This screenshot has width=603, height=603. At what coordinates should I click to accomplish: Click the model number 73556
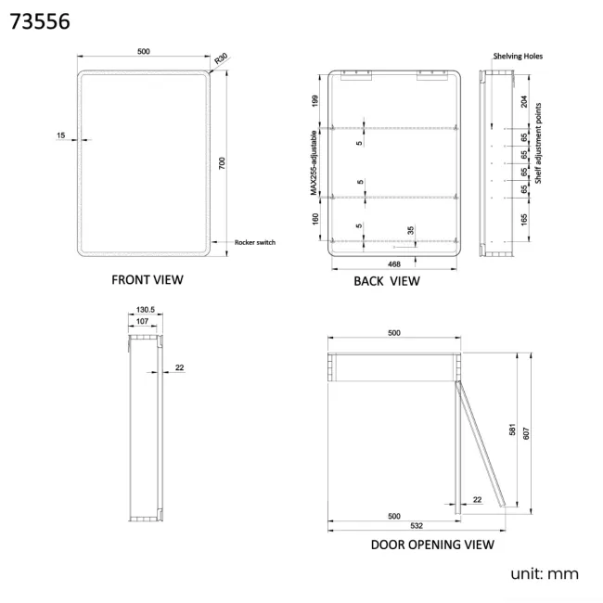click(x=40, y=21)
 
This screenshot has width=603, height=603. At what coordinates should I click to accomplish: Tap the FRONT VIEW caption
click(x=148, y=279)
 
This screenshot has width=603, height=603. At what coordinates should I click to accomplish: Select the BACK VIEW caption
click(x=387, y=281)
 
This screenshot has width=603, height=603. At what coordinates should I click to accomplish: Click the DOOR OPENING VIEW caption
click(x=432, y=545)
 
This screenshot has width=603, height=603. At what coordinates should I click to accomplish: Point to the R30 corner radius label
click(x=221, y=58)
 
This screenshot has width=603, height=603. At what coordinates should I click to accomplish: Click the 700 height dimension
click(x=222, y=163)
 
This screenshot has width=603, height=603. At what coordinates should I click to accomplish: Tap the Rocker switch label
click(x=255, y=242)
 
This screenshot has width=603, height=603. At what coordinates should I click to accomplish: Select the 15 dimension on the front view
click(x=60, y=135)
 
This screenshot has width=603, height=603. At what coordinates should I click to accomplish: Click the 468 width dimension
click(x=394, y=264)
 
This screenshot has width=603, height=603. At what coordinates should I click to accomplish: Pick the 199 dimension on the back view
click(x=315, y=101)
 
